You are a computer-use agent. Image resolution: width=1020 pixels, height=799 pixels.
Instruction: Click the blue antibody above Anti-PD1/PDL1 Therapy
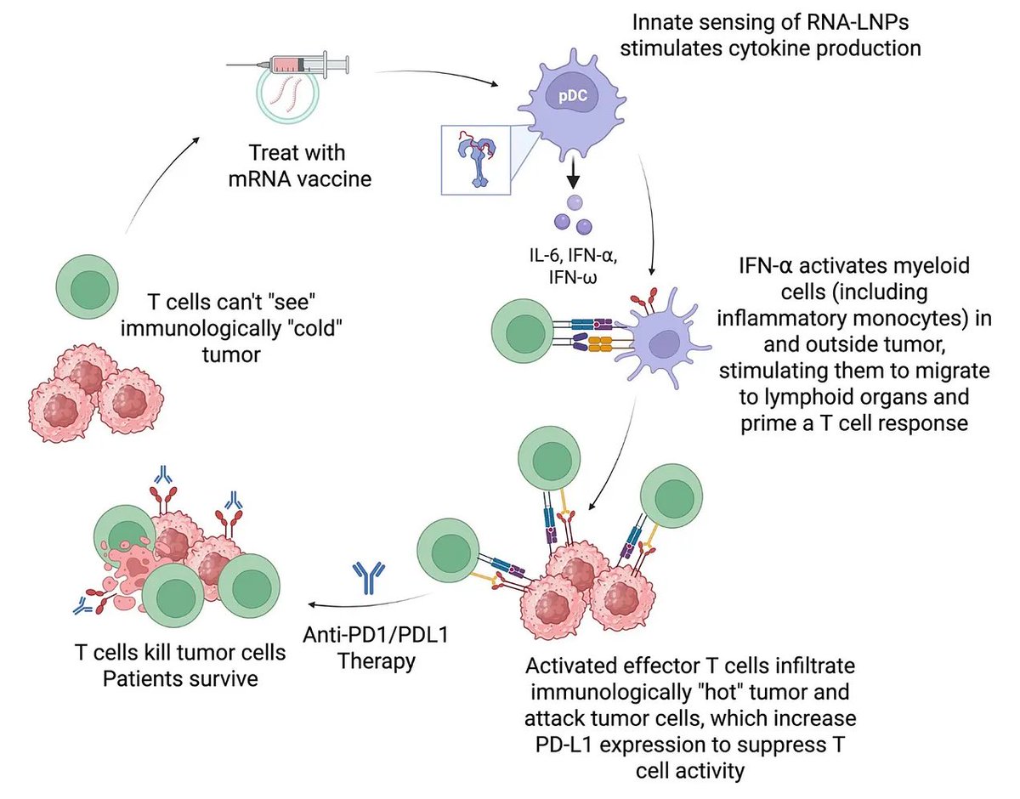click(367, 577)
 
